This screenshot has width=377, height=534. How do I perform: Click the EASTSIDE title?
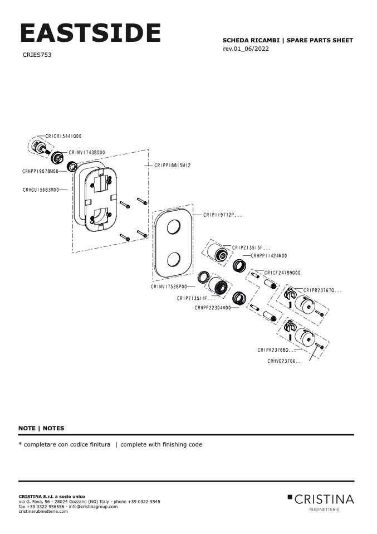[x=90, y=33]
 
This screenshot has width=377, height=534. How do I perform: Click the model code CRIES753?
[x=37, y=55]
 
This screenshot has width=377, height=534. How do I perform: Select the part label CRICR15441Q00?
[x=63, y=136]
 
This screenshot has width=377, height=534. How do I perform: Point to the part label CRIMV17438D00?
[x=87, y=152]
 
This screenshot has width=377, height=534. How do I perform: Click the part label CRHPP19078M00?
[x=40, y=172]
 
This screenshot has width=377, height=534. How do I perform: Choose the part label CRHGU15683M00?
[x=41, y=190]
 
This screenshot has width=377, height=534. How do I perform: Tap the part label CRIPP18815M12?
[x=173, y=166]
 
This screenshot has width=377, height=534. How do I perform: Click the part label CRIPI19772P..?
[x=222, y=215]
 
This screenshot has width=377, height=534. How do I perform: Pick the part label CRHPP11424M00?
[x=269, y=256]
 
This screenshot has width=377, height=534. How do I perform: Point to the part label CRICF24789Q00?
[x=282, y=273]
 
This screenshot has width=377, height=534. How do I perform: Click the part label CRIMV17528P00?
[x=169, y=287]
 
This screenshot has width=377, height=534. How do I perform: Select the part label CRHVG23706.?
[x=283, y=361]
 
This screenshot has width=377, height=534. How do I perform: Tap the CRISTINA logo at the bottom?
[x=321, y=499]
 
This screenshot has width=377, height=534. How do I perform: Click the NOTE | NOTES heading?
[x=41, y=428]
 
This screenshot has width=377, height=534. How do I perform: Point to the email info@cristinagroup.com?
[x=93, y=506]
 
